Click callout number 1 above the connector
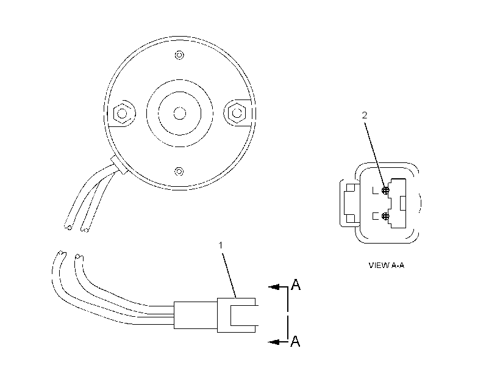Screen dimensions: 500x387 (220, 245)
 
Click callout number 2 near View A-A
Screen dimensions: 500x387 (365, 115)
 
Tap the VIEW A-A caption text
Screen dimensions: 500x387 (387, 266)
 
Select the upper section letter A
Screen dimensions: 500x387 (296, 284)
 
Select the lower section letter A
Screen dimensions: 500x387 (296, 341)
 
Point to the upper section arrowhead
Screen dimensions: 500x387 (274, 287)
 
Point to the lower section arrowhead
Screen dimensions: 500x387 (274, 342)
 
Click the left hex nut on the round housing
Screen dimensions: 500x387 (122, 114)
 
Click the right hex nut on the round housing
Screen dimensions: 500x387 (237, 113)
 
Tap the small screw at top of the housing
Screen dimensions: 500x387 (179, 55)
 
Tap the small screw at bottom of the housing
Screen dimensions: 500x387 (179, 172)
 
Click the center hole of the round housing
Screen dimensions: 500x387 (179, 114)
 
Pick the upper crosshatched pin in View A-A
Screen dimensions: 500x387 (385, 190)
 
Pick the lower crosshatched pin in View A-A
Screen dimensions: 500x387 (385, 216)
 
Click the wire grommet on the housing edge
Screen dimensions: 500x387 (120, 165)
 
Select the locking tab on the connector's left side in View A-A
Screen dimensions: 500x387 (350, 203)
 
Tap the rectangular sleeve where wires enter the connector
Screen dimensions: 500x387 (196, 315)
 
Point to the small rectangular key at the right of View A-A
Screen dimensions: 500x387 (403, 203)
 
